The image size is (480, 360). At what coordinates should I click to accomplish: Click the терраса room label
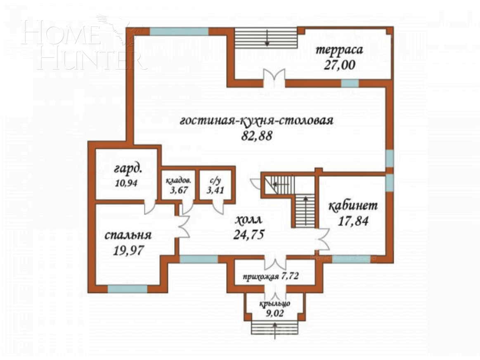(x=339, y=50)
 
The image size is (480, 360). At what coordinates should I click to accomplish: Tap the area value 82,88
(x=257, y=136)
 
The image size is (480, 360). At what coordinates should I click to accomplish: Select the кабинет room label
(x=353, y=205)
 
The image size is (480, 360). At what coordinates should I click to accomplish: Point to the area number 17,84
(x=353, y=221)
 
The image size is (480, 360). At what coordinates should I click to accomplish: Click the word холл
(x=249, y=220)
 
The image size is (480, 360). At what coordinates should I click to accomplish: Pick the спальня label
(x=128, y=235)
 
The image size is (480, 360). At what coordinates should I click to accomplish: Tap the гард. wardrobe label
(x=128, y=169)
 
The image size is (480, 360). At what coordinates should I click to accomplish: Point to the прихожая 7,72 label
(x=271, y=277)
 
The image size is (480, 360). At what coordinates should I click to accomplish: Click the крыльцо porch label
(x=274, y=304)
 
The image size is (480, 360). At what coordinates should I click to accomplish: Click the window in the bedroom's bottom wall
(x=128, y=289)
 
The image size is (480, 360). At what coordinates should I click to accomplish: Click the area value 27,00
(x=340, y=65)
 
